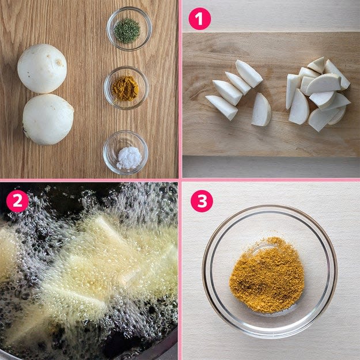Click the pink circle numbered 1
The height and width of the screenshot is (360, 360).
(x=200, y=19)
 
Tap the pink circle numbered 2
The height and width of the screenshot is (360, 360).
(x=17, y=201)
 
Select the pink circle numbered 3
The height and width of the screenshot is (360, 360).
(x=202, y=201)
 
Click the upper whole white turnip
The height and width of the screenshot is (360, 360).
(x=42, y=69)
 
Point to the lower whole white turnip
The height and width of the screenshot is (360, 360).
(x=48, y=119)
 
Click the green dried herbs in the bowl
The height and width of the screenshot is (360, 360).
(x=127, y=31)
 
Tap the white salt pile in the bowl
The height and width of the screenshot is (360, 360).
(x=129, y=158)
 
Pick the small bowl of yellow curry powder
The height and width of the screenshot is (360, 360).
(x=126, y=88)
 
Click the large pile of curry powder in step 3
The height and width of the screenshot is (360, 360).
(x=267, y=275)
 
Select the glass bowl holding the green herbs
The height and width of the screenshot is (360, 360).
(x=129, y=29)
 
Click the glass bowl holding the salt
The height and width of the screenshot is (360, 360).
(x=126, y=153)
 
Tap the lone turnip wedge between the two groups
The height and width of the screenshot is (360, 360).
(x=262, y=110)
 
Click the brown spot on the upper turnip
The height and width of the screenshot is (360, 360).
(x=59, y=62)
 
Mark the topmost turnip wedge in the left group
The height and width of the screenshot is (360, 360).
(x=249, y=74)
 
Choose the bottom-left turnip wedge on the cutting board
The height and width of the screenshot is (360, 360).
(x=222, y=108)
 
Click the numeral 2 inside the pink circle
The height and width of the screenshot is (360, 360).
(x=17, y=201)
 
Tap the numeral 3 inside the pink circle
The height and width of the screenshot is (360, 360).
(x=202, y=201)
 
